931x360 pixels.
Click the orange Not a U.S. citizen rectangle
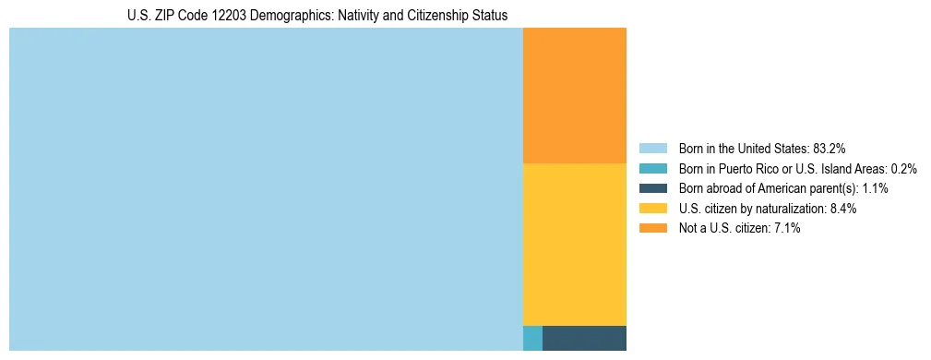(574, 95)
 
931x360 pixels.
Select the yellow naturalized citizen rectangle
(574, 244)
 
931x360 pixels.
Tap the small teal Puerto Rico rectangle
(532, 338)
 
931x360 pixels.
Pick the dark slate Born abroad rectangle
(584, 338)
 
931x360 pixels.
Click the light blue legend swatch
(652, 148)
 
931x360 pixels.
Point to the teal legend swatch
(652, 168)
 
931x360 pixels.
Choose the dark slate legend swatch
(652, 188)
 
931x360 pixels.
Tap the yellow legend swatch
(652, 209)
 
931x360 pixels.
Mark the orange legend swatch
(652, 229)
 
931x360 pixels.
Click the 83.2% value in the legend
(830, 148)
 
